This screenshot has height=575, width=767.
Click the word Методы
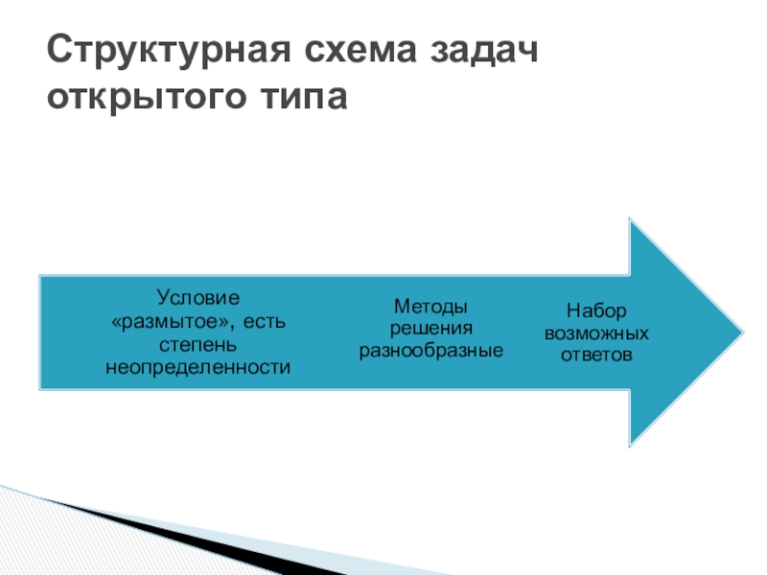[431, 307]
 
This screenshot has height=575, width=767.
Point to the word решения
[431, 329]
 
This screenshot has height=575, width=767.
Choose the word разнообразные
[431, 352]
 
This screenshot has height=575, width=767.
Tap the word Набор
[596, 311]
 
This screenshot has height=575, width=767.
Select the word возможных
[596, 333]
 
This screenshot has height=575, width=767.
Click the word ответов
[596, 356]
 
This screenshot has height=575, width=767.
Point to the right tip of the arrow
[741, 333]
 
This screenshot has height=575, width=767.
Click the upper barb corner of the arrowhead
[630, 219]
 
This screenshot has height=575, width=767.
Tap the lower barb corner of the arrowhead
[630, 445]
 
